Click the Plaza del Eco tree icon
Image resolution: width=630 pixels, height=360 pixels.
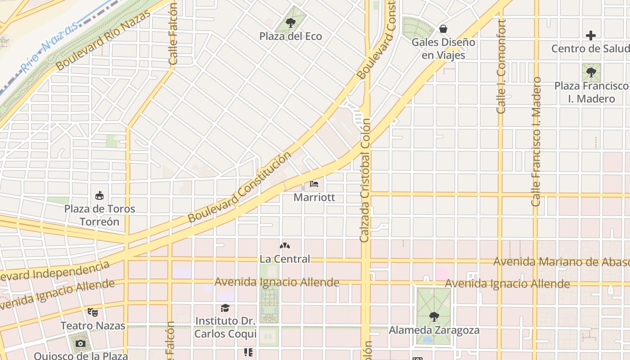pos(291,22)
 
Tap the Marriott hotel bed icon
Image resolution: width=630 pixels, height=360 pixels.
pos(314,184)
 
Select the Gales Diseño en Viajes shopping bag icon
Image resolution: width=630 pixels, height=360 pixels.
pos(443,29)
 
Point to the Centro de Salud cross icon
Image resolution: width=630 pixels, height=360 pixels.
pos(591,35)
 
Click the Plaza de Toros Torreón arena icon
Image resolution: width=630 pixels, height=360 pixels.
pos(99,195)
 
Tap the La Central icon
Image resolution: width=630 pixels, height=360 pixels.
pos(285,246)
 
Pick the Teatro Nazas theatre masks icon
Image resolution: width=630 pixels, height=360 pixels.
pos(93,311)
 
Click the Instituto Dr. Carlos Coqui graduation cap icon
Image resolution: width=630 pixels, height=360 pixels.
pos(225,308)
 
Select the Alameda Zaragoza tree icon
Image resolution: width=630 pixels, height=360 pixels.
pos(434,316)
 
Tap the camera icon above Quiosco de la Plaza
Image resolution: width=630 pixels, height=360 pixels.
pos(81,344)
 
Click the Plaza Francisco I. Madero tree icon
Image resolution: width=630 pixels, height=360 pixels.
pos(591,72)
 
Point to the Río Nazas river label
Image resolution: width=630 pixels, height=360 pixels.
pos(49,47)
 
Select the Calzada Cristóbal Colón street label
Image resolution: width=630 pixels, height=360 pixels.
pos(365,180)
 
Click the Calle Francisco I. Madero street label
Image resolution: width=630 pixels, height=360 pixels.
pos(536,141)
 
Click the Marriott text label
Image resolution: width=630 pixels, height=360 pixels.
pos(314,197)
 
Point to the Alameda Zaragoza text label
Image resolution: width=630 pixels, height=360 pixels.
pos(434,330)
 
